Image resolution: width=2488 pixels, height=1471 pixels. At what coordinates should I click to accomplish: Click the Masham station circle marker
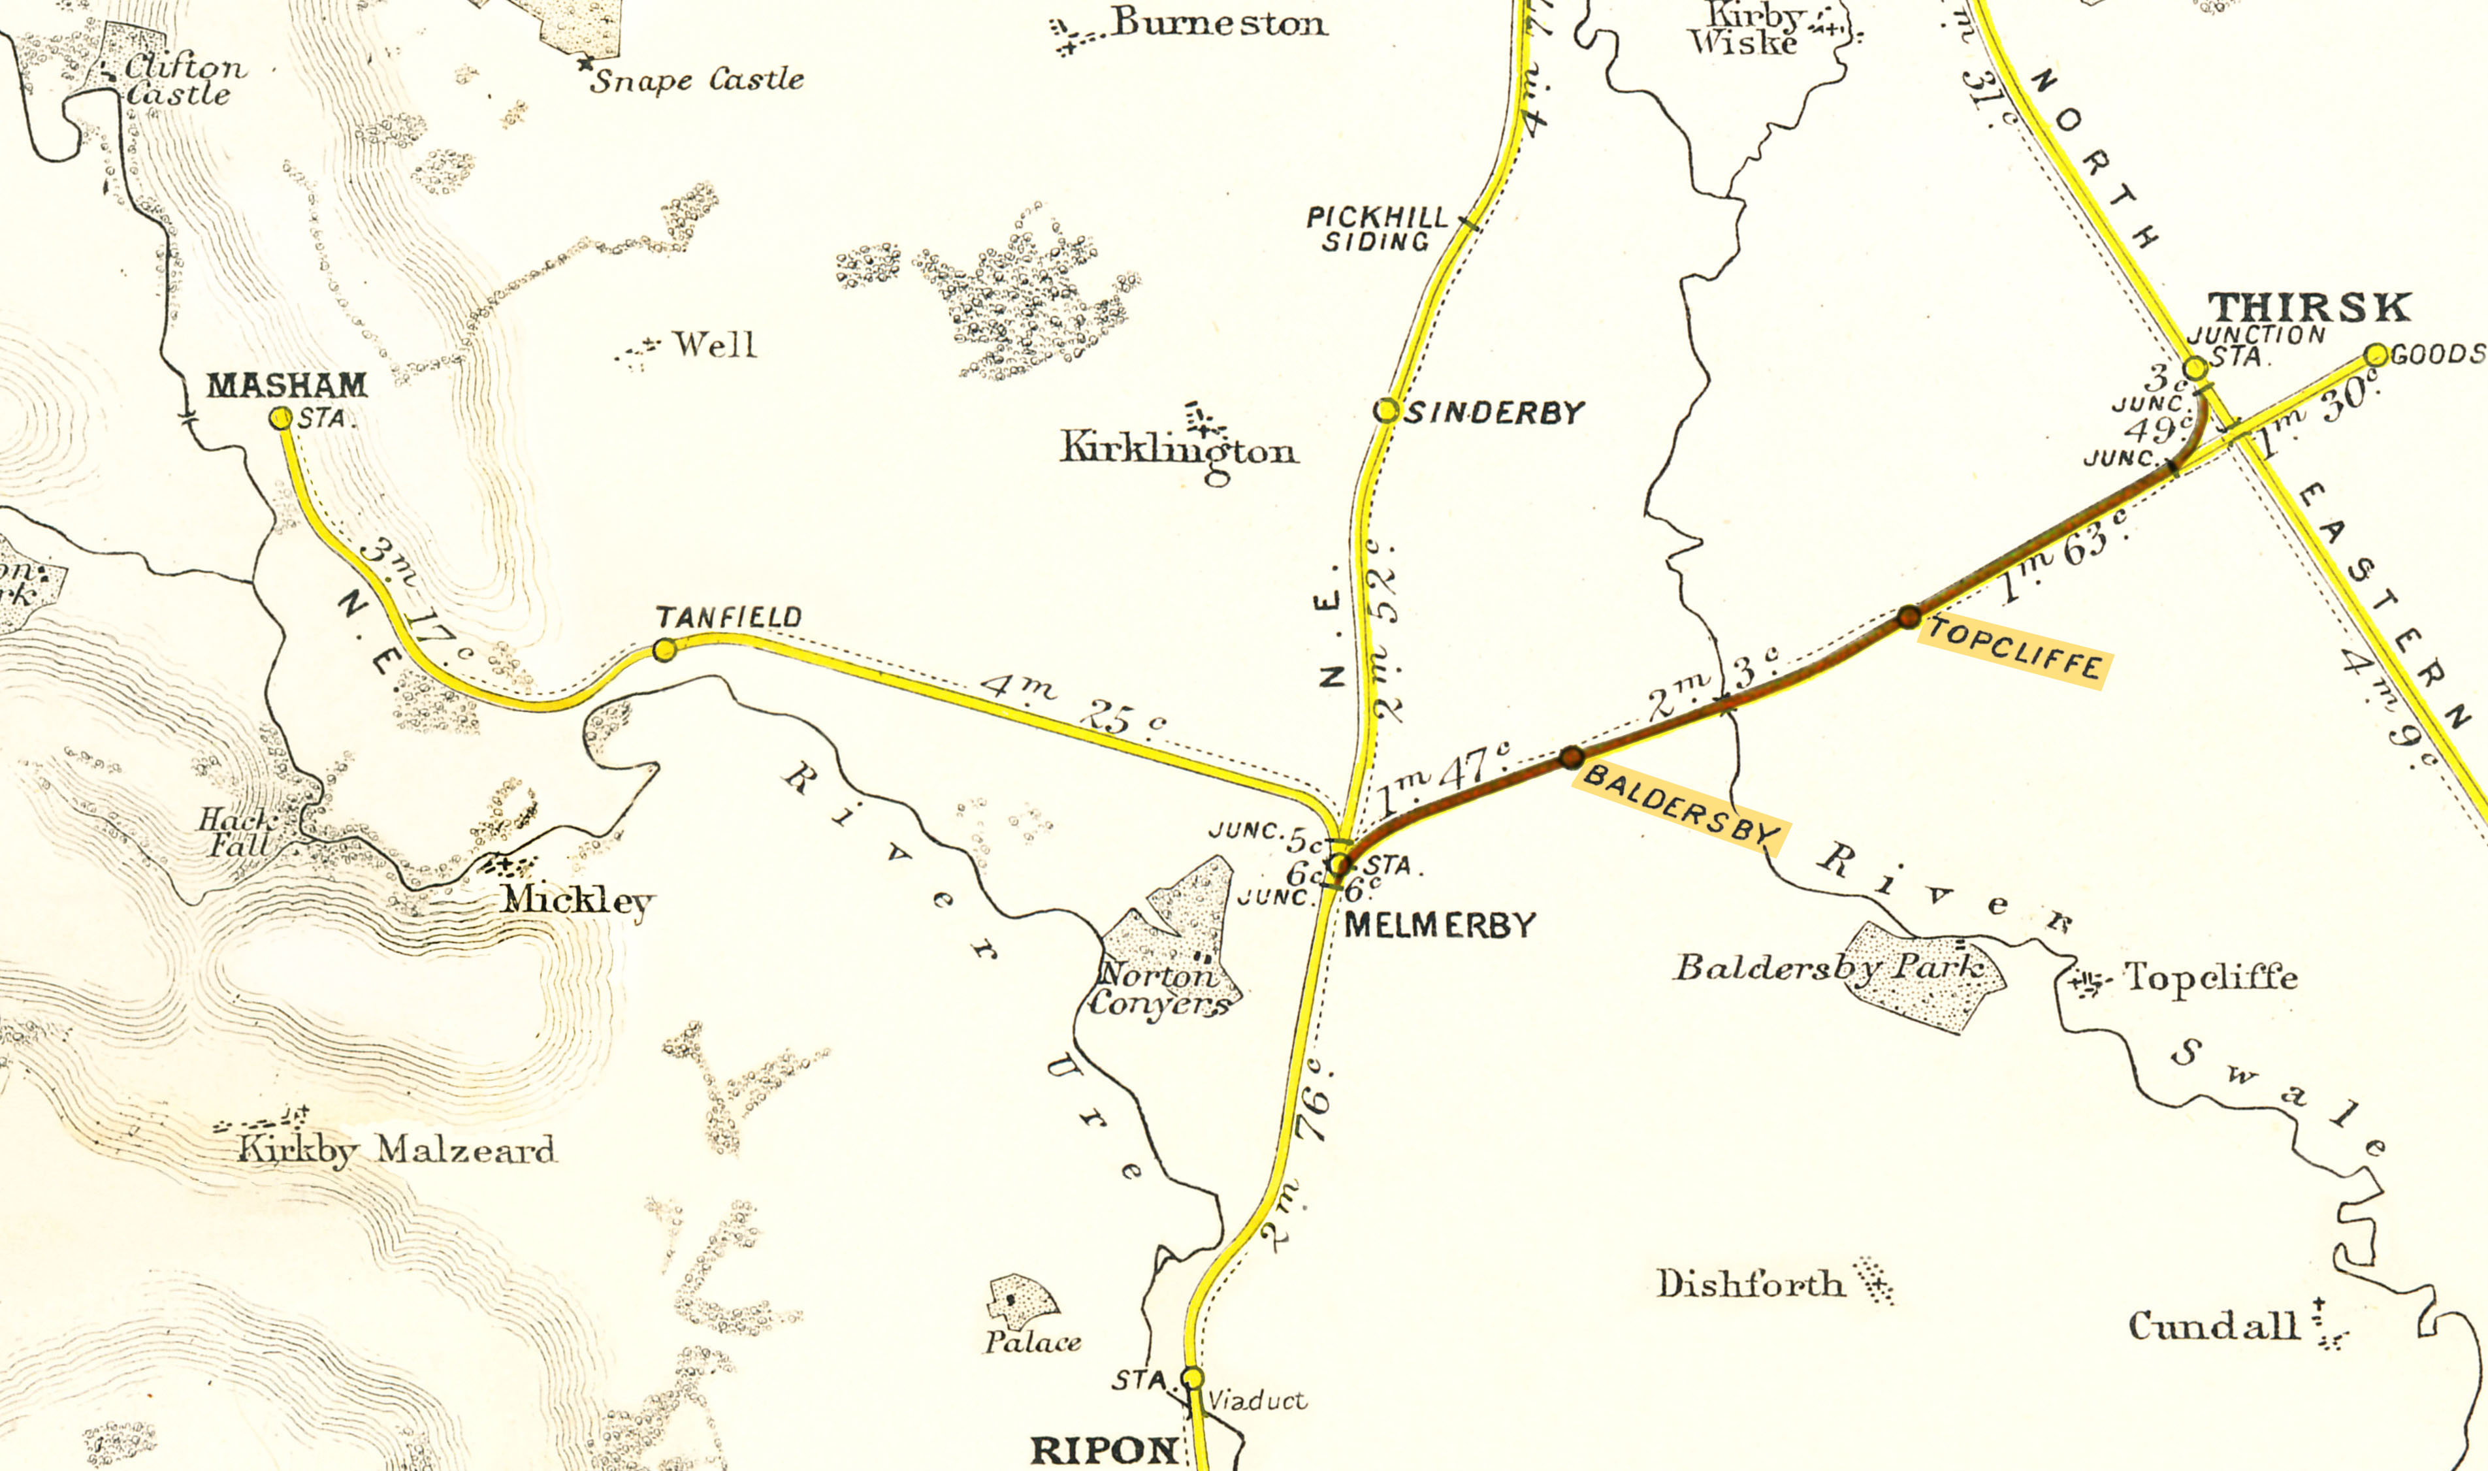coord(282,418)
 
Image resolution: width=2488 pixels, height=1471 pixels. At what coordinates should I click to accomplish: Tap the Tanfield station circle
coord(665,650)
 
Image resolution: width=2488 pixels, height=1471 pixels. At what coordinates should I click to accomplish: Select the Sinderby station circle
coord(1387,410)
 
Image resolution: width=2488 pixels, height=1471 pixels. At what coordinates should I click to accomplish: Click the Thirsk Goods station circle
coord(2376,355)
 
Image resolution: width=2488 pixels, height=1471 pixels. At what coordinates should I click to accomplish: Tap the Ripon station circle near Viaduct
coord(1193,1378)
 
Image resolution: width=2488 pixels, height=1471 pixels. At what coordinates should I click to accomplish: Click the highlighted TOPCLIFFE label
coord(2014,650)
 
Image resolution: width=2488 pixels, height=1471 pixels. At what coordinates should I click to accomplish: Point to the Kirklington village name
coord(1178,451)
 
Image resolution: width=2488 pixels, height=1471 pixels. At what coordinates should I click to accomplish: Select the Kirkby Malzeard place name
coord(396,1151)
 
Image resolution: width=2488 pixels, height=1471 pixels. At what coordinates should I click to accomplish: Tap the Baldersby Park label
coord(1829,967)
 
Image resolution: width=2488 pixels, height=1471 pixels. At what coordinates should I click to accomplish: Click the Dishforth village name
coord(1751,1285)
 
